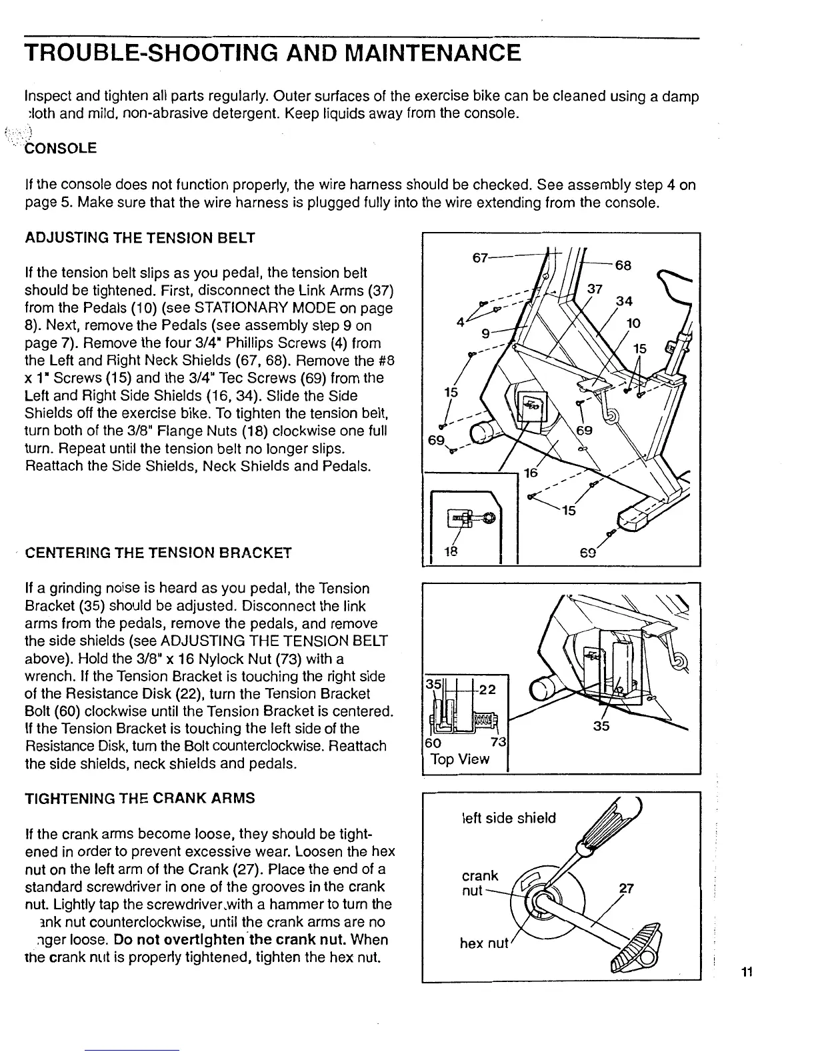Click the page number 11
pos(747,972)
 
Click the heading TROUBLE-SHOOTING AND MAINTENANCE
pos(271,53)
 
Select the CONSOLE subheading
pos(61,148)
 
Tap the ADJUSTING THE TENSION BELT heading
pos(140,238)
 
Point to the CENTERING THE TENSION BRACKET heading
pos(158,553)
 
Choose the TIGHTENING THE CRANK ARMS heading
pos(139,798)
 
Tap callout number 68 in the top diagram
pos(623,265)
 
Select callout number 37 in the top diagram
pos(595,289)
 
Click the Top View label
pos(460,759)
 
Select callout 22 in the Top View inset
pos(487,690)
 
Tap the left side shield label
pos(508,818)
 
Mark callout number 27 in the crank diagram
pos(625,888)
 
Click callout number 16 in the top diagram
pos(531,473)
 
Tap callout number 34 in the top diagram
pos(623,301)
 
